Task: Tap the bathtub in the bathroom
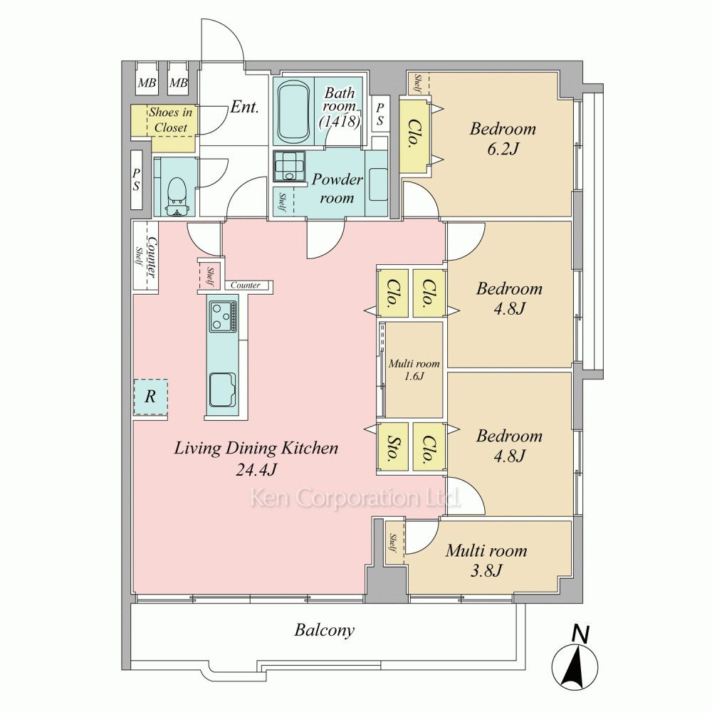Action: pyautogui.click(x=293, y=111)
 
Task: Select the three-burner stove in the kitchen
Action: pyautogui.click(x=223, y=316)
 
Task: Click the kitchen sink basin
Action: pyautogui.click(x=222, y=389)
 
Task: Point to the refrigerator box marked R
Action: pyautogui.click(x=150, y=397)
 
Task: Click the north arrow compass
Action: pyautogui.click(x=575, y=664)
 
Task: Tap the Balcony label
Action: pyautogui.click(x=324, y=630)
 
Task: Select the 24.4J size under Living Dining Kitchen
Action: pyautogui.click(x=256, y=469)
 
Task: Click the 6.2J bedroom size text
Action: pyautogui.click(x=503, y=149)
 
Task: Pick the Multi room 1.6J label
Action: pyautogui.click(x=414, y=370)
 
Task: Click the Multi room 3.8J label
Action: pyautogui.click(x=486, y=560)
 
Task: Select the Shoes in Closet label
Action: pyautogui.click(x=170, y=120)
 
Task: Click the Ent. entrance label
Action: pyautogui.click(x=244, y=108)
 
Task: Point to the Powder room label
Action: pyautogui.click(x=337, y=189)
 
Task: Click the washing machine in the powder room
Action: pyautogui.click(x=289, y=167)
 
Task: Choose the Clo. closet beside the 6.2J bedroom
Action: pyautogui.click(x=414, y=136)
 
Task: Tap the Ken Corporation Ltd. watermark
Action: pyautogui.click(x=355, y=498)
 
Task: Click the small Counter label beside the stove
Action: pyautogui.click(x=245, y=286)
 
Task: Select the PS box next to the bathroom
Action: pyautogui.click(x=380, y=114)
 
